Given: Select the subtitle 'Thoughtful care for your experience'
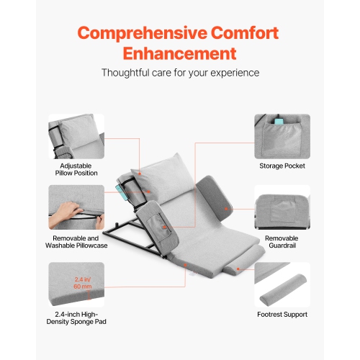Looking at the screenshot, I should click(x=179, y=73).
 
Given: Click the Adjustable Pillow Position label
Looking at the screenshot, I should click(x=76, y=169).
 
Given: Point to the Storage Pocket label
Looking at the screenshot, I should click(x=282, y=166).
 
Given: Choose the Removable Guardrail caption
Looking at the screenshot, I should click(x=282, y=241).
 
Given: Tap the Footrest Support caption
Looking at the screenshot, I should click(x=282, y=314).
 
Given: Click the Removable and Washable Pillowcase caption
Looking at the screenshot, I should click(x=76, y=241).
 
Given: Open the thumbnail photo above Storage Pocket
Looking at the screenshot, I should click(x=282, y=136).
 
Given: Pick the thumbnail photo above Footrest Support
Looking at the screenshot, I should click(x=282, y=284).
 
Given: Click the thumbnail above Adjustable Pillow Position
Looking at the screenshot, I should click(x=76, y=136).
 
